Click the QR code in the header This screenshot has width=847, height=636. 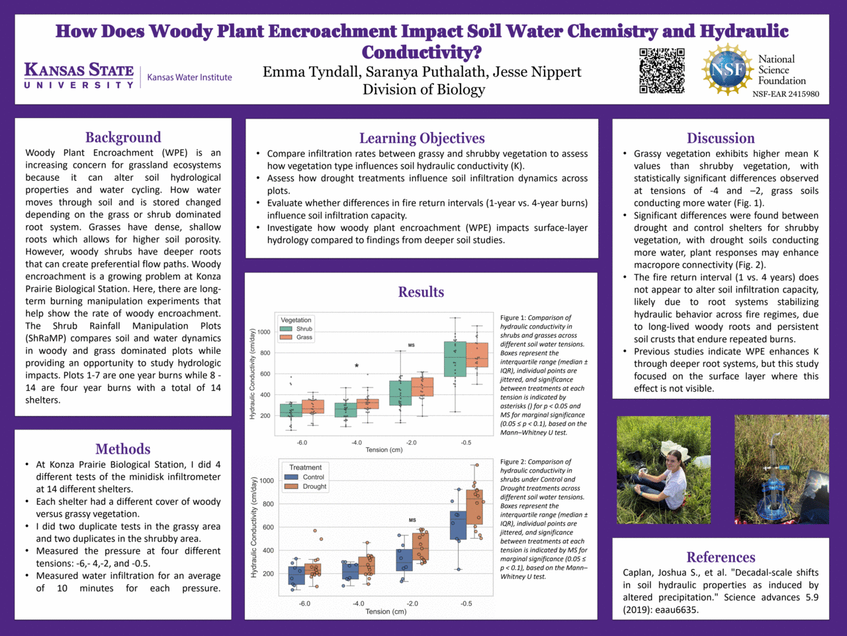pos(662,70)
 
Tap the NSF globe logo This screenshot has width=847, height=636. pos(727,70)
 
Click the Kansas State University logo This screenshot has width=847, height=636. pos(79,75)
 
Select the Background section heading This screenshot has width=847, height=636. pos(123,137)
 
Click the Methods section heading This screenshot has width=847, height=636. pos(123,449)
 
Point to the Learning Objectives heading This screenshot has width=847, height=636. pos(422,138)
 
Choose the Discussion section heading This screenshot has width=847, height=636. pos(721,138)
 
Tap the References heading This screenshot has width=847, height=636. pos(721,557)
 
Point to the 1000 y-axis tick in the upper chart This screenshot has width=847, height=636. pos(264,332)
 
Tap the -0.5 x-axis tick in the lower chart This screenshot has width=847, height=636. pos(466,604)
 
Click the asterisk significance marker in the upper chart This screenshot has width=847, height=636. pos(357,366)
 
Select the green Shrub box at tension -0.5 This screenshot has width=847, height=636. pos(455,359)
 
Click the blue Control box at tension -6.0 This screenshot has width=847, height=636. pos(296,574)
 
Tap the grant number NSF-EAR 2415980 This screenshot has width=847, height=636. pos(785,94)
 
